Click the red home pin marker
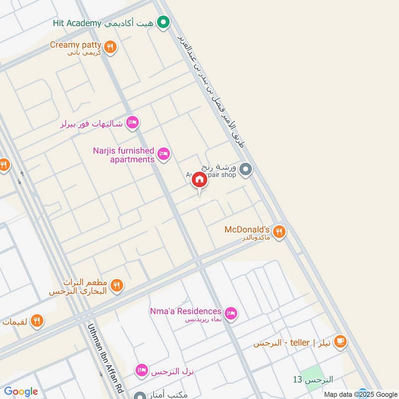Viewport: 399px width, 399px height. [x=199, y=181]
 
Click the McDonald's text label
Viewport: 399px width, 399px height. [x=247, y=229]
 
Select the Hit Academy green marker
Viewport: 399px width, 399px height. [x=163, y=22]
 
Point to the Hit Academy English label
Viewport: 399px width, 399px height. [x=77, y=23]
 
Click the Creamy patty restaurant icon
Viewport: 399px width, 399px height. [x=111, y=47]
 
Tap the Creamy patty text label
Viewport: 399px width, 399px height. [x=75, y=45]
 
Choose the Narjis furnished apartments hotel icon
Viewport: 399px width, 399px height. [x=163, y=154]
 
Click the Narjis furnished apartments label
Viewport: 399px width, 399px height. [x=124, y=155]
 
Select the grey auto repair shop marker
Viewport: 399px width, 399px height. [x=245, y=170]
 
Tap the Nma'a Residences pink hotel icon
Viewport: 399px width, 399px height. [x=230, y=313]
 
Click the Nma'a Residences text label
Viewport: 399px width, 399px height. [x=186, y=311]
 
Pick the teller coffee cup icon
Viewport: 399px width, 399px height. [x=340, y=342]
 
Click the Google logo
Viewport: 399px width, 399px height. [x=21, y=392]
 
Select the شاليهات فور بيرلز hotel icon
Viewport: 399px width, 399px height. [x=132, y=122]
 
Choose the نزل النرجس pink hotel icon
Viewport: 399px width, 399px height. [x=142, y=370]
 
